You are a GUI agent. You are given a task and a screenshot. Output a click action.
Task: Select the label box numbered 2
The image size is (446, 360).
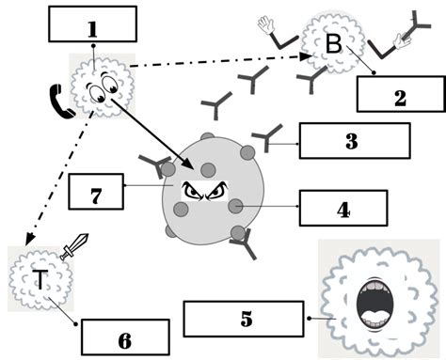pos(399,95)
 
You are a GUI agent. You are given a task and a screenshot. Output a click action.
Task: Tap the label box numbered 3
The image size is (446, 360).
pos(355,142)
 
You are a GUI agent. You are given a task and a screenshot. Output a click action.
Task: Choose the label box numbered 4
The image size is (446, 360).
pos(342,208)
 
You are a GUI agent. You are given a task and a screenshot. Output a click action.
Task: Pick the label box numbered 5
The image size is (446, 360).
pos(247,318)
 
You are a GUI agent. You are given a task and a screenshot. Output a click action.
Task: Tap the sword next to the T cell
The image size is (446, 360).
pos(72,246)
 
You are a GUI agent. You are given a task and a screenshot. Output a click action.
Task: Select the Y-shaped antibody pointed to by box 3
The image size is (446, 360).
pos(266,138)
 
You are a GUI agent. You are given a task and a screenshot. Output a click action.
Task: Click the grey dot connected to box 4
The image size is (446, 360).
pos(236,206)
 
